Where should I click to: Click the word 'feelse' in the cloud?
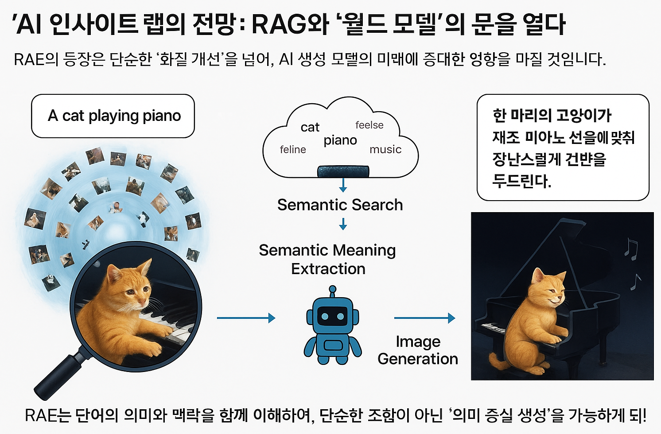[x=369, y=125]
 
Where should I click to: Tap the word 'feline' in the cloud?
[x=293, y=150]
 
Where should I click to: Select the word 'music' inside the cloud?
[x=385, y=150]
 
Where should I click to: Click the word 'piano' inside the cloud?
[x=340, y=140]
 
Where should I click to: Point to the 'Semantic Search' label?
[x=340, y=205]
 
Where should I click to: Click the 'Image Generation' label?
[x=418, y=350]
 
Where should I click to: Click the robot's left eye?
[x=325, y=316]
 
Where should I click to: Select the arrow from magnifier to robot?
[x=246, y=318]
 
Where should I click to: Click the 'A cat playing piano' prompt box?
[x=113, y=116]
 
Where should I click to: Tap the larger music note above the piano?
[x=631, y=248]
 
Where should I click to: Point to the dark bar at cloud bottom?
[x=343, y=171]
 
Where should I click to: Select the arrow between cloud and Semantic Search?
[x=343, y=185]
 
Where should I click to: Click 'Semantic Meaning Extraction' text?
[x=327, y=260]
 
